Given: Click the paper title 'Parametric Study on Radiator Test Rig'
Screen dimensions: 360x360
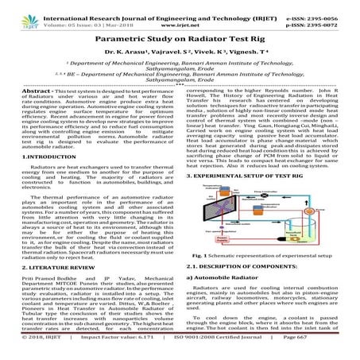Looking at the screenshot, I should (179, 37).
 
